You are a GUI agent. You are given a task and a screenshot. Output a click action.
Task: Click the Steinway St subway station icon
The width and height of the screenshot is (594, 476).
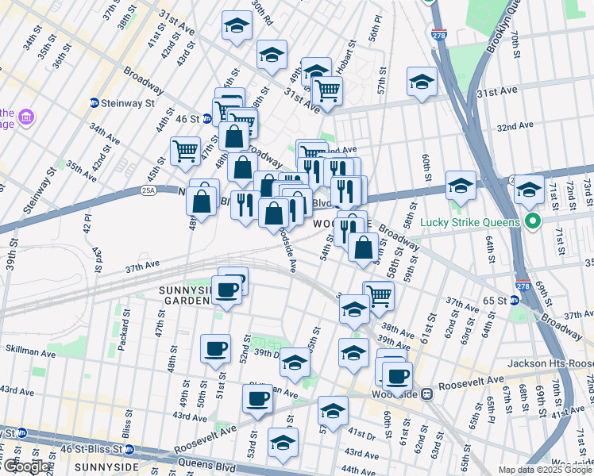pyautogui.click(x=94, y=103)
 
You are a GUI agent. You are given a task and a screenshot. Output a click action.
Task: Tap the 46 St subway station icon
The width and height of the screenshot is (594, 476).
pyautogui.click(x=206, y=119)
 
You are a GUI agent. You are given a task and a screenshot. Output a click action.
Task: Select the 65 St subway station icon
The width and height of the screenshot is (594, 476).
pyautogui.click(x=513, y=301)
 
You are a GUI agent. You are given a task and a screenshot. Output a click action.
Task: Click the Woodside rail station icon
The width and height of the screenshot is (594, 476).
pyautogui.click(x=426, y=392)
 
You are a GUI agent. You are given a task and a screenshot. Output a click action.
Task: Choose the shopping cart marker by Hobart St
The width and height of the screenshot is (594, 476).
pyautogui.click(x=327, y=90)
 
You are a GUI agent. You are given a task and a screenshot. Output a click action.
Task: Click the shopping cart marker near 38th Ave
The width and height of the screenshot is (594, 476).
pyautogui.click(x=379, y=294)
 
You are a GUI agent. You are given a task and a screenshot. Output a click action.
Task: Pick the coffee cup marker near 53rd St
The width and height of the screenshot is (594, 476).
pyautogui.click(x=257, y=399)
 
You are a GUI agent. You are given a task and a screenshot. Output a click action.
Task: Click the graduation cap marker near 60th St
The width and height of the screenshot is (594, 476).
pyautogui.click(x=461, y=186)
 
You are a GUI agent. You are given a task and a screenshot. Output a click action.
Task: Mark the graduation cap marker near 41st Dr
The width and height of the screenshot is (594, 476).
pyautogui.click(x=334, y=411)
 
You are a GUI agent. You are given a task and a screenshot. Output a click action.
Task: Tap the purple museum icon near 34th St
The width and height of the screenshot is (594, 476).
pyautogui.click(x=28, y=118)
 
